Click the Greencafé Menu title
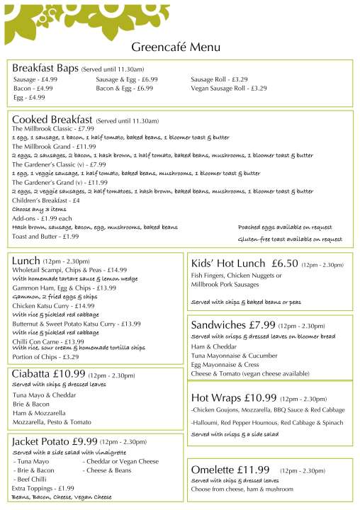click(x=176, y=47)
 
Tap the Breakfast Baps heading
click(x=45, y=67)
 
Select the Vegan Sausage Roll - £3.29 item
click(x=228, y=89)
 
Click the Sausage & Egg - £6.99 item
click(x=126, y=79)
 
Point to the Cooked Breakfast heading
click(x=52, y=120)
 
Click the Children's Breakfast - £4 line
click(x=45, y=200)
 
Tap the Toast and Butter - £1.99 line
click(x=45, y=237)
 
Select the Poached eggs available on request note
click(x=285, y=227)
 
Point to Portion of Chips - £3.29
click(x=45, y=356)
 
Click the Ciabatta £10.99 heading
click(x=49, y=374)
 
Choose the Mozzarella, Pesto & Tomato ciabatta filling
click(x=52, y=421)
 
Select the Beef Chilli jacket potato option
click(x=31, y=479)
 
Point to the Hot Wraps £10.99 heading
click(x=233, y=397)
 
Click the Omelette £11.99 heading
click(x=230, y=470)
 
